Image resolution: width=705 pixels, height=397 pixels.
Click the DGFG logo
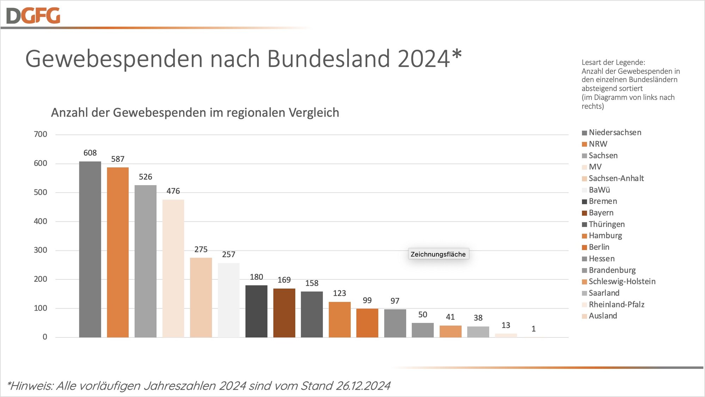point(33,16)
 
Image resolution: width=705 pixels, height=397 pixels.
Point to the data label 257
point(228,254)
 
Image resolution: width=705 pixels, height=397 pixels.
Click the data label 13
point(505,325)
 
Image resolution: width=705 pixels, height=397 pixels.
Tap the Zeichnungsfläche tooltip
point(438,254)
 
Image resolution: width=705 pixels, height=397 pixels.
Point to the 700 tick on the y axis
point(40,134)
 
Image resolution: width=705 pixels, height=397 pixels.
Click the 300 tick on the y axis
point(40,250)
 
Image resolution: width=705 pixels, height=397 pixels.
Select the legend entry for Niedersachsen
point(615,132)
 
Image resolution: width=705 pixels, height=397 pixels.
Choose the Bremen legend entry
point(603,201)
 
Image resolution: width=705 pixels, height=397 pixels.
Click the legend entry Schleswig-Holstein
point(622,281)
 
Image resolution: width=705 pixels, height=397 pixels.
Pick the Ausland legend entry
point(603,316)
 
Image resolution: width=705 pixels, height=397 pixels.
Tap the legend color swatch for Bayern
point(584,213)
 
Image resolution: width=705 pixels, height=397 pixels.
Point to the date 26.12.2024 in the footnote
point(363,386)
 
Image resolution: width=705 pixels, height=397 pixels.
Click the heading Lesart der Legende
point(613,62)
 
